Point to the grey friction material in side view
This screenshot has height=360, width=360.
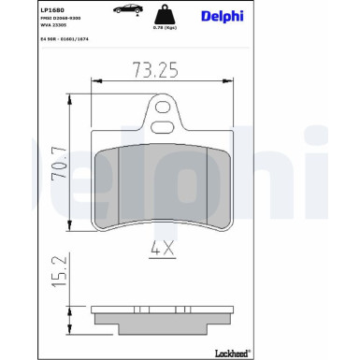point(165,313)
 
